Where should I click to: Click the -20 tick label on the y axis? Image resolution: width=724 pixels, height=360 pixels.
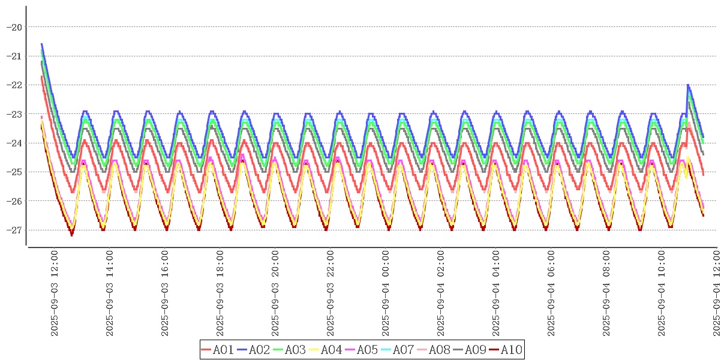point(14,27)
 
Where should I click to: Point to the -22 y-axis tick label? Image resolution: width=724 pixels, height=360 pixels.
point(14,85)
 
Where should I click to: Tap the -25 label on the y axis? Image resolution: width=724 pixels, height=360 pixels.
point(14,172)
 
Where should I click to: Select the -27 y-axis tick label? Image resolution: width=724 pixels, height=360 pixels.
point(14,230)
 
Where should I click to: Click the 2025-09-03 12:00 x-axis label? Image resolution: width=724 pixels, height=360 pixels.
point(55,293)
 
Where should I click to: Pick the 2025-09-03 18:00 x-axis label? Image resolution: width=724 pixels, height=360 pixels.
point(220,293)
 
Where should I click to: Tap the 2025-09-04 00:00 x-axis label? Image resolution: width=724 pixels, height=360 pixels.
point(386,293)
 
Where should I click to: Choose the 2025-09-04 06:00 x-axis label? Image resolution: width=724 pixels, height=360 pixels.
point(551,293)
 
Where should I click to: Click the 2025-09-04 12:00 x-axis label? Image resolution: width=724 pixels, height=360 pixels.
point(717,293)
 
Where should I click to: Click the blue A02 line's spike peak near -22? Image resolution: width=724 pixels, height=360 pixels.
point(688,85)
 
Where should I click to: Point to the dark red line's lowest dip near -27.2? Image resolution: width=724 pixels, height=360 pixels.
point(72,235)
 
